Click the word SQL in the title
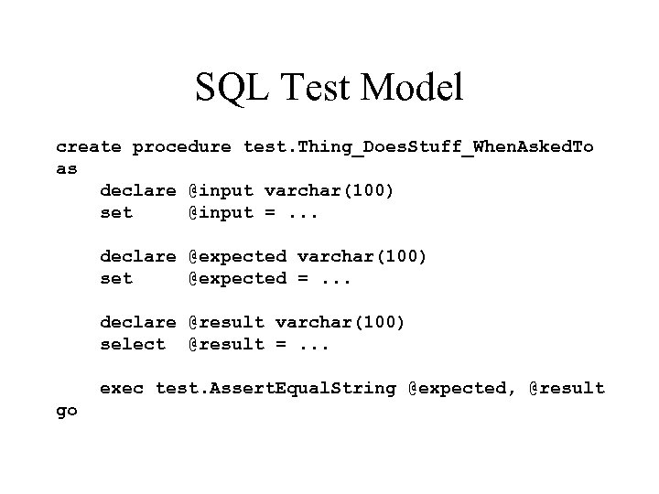[228, 88]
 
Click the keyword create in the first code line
[88, 147]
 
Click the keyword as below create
[67, 169]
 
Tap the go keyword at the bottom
[67, 411]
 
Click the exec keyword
[121, 389]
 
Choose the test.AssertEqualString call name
[275, 389]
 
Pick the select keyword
[133, 344]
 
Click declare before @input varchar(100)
[137, 191]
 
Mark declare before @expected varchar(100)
[137, 257]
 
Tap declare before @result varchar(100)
[137, 322]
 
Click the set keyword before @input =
[116, 213]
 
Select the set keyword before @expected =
[116, 278]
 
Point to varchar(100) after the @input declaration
[329, 191]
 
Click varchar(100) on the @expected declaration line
[362, 257]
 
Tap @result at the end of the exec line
[567, 389]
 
